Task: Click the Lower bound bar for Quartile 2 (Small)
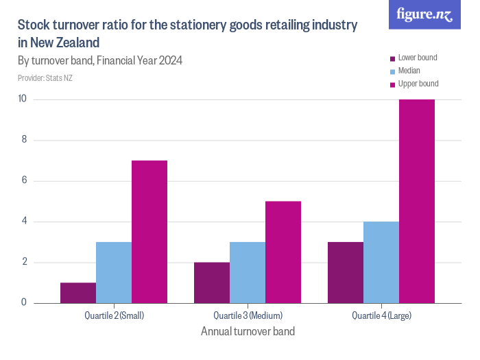78,293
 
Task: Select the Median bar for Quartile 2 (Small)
114,272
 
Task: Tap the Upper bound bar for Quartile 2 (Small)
149,232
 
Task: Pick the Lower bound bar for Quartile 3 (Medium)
212,283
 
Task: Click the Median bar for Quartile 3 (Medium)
248,272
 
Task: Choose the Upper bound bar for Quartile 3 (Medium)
283,252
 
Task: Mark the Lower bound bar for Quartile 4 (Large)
346,272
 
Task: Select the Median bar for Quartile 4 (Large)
381,262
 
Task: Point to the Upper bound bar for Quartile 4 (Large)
417,201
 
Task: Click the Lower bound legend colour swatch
392,58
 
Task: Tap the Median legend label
409,71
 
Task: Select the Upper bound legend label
418,84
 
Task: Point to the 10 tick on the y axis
22,99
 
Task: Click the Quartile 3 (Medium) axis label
248,316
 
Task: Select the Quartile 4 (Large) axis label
381,316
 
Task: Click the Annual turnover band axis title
248,332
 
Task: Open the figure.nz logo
424,15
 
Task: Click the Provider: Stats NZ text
45,78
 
